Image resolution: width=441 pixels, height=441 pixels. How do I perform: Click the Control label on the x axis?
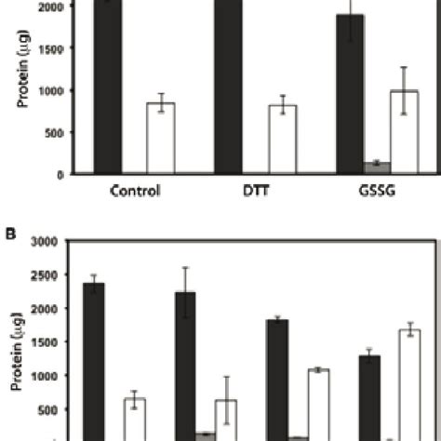[x=135, y=194]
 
